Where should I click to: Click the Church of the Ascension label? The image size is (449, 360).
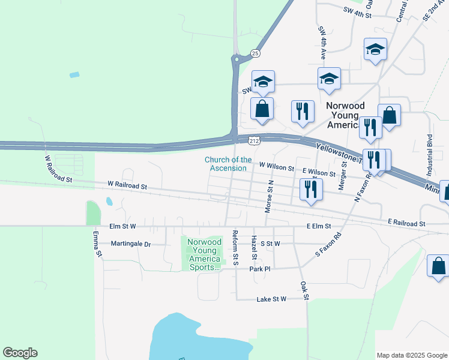[228, 164]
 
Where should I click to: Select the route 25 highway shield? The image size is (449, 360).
[256, 53]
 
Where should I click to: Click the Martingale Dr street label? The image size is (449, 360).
[131, 244]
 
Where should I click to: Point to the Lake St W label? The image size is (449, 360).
[272, 299]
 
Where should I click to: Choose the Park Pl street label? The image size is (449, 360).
[261, 269]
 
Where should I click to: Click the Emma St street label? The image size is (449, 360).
[97, 244]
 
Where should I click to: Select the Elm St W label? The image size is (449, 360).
[123, 226]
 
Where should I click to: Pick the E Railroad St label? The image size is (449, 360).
[406, 223]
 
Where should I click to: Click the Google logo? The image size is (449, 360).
[20, 353]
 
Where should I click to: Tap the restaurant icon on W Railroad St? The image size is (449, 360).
[310, 190]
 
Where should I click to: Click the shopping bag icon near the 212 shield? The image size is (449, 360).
[262, 109]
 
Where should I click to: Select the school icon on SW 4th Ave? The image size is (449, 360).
[329, 79]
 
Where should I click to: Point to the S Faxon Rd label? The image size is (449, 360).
[328, 245]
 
